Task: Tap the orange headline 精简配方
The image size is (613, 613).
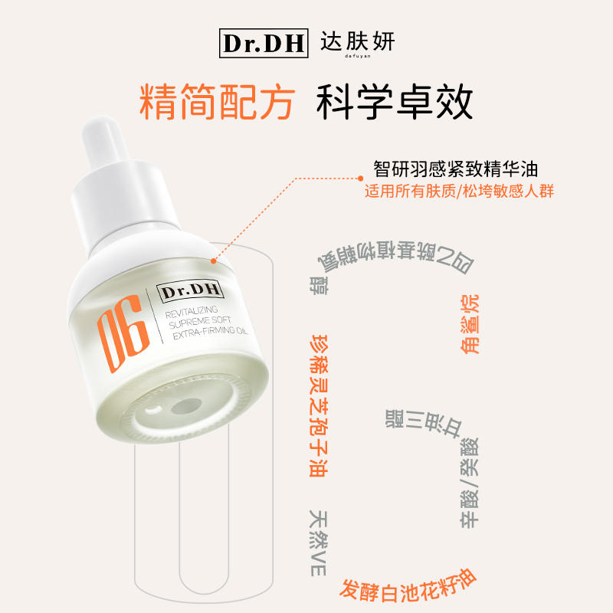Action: (x=218, y=103)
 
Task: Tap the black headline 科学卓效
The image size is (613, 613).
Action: (x=395, y=103)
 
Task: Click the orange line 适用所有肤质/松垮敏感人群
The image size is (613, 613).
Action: (x=459, y=191)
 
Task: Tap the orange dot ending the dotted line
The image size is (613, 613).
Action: (x=217, y=261)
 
